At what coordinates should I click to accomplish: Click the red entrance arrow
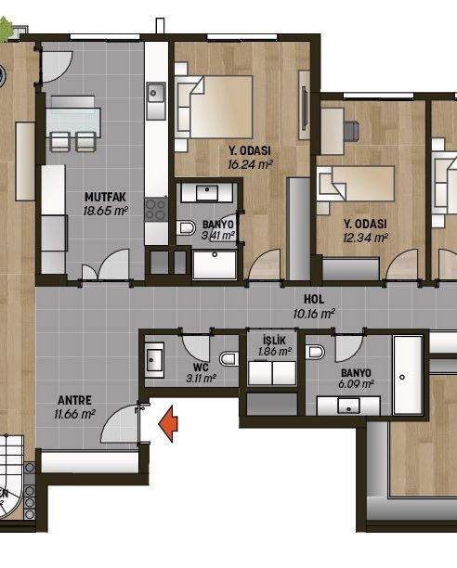tap(168, 424)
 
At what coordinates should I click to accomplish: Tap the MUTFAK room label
tap(105, 197)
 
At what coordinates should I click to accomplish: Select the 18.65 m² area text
tap(106, 211)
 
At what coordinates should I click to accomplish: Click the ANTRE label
tap(74, 400)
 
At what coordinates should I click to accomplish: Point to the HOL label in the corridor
tap(314, 299)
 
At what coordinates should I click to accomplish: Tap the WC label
tap(201, 368)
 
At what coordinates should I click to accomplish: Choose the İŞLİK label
tap(274, 340)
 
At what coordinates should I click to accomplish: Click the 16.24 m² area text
tap(250, 164)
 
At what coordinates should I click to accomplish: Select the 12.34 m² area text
tap(365, 238)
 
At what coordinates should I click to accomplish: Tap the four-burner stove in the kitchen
tap(156, 210)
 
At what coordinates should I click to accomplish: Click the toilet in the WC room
tap(228, 359)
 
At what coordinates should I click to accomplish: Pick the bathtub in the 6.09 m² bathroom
tap(408, 375)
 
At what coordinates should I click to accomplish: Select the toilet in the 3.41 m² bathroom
tap(187, 228)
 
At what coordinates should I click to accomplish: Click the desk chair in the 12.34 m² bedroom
tap(351, 131)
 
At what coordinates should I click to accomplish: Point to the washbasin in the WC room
tap(154, 360)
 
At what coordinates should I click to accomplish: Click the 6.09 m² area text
tap(356, 383)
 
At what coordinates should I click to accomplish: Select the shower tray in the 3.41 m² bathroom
tap(215, 265)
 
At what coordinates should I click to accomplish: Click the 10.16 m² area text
tap(314, 314)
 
